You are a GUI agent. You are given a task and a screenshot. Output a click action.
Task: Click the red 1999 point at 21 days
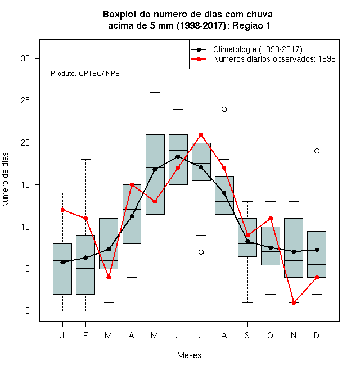click(x=201, y=135)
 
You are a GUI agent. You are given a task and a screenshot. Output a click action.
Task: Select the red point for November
click(x=294, y=302)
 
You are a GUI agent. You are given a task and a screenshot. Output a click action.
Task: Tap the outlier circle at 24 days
click(x=224, y=109)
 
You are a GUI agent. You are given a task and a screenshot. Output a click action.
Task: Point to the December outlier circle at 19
click(x=317, y=151)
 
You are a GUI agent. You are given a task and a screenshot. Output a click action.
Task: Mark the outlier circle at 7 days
click(x=201, y=252)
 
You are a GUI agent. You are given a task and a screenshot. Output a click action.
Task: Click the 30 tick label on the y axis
click(x=25, y=58)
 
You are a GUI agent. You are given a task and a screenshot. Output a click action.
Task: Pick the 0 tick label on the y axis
click(x=28, y=311)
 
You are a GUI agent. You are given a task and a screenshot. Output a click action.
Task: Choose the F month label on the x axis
click(x=85, y=335)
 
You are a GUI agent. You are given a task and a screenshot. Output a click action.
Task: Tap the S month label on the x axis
click(x=247, y=335)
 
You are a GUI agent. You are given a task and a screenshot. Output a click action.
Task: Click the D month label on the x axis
click(x=317, y=335)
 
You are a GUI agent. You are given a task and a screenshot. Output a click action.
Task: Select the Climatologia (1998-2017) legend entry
click(x=246, y=49)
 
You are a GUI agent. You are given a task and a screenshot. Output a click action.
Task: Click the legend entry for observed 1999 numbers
click(x=263, y=59)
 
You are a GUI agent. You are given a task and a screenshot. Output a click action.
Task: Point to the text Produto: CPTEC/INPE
click(x=85, y=74)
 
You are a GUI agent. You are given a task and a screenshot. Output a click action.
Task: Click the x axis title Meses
click(x=189, y=355)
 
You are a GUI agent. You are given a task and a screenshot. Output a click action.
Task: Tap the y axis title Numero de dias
click(x=5, y=180)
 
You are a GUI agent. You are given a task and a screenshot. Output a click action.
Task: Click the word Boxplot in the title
click(x=120, y=15)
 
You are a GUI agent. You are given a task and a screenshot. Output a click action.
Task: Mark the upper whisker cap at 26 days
click(x=155, y=93)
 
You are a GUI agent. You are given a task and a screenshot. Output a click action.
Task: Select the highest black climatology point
click(x=178, y=156)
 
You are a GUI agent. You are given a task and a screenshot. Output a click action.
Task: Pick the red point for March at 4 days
click(x=109, y=277)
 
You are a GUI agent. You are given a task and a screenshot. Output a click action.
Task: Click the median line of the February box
click(x=85, y=269)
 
